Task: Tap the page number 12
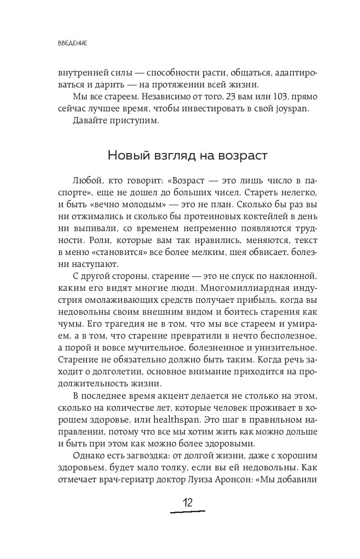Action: [187, 502]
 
